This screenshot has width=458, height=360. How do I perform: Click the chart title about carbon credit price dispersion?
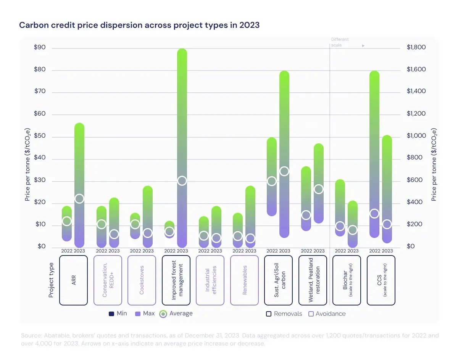point(139,26)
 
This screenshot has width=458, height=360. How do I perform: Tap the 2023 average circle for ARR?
point(79,199)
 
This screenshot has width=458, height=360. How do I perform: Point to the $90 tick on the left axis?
point(40,48)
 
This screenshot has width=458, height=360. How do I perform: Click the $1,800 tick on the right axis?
point(416,48)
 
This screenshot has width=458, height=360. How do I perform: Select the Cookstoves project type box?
point(142,280)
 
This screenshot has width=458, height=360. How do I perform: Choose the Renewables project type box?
point(244,280)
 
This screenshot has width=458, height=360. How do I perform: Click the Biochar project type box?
point(347,280)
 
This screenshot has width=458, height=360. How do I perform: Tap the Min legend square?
point(111,314)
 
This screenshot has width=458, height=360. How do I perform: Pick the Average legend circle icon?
point(163,314)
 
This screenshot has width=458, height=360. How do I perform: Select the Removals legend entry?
point(284,314)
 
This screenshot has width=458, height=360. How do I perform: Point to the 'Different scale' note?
point(340,42)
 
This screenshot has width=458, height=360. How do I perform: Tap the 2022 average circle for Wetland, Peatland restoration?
point(306,215)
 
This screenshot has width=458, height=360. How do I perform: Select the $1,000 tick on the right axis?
point(416,136)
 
